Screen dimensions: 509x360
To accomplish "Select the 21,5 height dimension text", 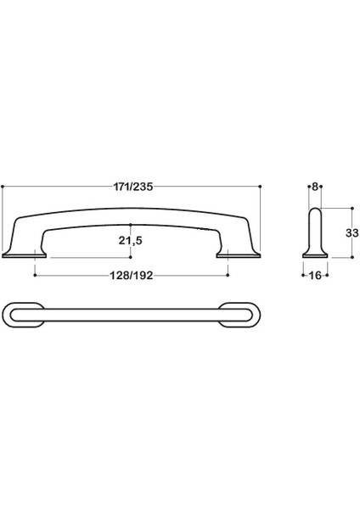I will coord(130,241).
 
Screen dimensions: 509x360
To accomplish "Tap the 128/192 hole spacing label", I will coord(131,273).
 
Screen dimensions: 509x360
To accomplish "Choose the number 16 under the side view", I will coord(315,275).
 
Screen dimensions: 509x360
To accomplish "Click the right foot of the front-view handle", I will coord(239,252).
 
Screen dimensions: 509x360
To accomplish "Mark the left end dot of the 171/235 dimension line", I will coord(3,186).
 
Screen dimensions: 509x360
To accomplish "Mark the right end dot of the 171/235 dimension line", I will coord(261,186).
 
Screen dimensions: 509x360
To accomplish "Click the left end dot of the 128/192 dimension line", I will coord(35,273).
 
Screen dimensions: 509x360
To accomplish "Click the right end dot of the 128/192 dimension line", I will coord(228,273).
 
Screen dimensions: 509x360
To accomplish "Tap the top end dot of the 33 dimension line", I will coord(350,205).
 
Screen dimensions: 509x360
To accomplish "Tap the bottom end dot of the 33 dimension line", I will coord(350,257).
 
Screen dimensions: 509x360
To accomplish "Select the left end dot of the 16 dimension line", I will coord(303,274).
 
